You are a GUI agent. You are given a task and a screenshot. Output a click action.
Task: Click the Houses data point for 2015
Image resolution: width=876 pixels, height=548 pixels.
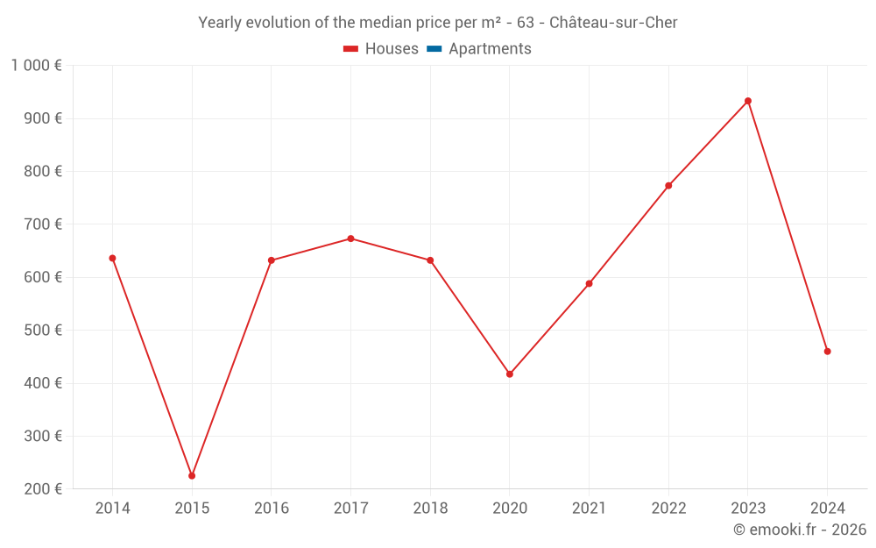click(192, 476)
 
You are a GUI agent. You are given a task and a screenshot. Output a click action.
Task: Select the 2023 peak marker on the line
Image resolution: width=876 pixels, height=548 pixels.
click(748, 101)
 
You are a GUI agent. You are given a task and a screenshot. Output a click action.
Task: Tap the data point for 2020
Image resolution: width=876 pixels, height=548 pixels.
click(510, 374)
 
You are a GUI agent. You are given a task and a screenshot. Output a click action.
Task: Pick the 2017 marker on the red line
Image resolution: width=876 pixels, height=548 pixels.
click(350, 238)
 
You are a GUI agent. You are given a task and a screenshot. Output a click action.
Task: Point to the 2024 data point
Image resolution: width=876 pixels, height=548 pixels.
click(827, 352)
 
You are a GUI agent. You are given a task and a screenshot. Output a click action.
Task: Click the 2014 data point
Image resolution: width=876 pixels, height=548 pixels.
click(112, 259)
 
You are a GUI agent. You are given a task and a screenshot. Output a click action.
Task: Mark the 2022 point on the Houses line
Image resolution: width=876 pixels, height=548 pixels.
click(668, 186)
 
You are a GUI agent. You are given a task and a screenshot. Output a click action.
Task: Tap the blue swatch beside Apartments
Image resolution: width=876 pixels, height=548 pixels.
click(434, 49)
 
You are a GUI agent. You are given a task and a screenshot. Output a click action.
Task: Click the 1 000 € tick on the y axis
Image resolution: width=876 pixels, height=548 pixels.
click(36, 66)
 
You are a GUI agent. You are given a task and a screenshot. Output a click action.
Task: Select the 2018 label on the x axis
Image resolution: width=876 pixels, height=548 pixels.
click(430, 509)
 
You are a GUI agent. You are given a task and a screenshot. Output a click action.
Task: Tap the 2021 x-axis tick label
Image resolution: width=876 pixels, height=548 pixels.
click(589, 509)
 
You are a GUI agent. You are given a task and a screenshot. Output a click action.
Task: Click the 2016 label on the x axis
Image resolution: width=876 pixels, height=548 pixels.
click(271, 509)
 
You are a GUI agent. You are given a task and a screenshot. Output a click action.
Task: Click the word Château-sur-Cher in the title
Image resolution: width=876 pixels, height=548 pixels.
click(613, 23)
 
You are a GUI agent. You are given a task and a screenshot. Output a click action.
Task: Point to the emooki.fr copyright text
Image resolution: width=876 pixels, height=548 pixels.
click(800, 530)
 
